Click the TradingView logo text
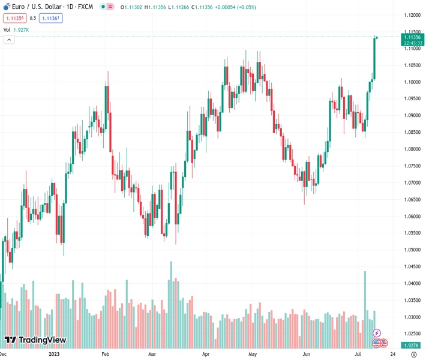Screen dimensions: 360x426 click(42, 340)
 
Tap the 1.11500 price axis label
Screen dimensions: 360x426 click(412, 31)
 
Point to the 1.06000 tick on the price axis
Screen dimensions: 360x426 click(412, 216)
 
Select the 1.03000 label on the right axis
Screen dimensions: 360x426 click(412, 317)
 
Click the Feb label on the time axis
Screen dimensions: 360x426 click(104, 354)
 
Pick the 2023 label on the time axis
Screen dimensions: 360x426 click(53, 354)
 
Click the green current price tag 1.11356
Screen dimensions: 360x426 click(412, 37)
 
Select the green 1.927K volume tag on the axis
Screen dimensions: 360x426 click(412, 346)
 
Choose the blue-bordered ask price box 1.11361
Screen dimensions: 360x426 click(51, 18)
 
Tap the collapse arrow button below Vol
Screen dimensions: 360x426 click(9, 40)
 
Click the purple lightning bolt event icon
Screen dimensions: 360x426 click(377, 332)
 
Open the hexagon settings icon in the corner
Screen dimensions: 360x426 click(413, 354)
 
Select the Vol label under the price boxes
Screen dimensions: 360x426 click(7, 29)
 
